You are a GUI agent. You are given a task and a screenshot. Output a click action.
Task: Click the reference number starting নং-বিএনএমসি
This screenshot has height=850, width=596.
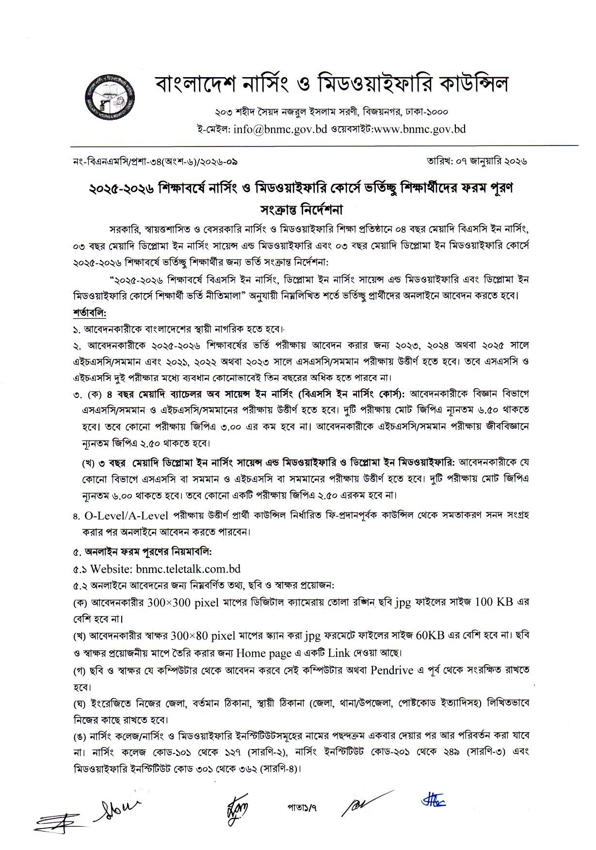pyautogui.click(x=154, y=160)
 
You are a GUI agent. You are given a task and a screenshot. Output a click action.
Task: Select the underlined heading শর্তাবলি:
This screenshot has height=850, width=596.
pyautogui.click(x=89, y=311)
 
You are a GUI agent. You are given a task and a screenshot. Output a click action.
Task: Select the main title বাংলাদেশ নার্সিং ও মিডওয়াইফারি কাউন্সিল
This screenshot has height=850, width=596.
pyautogui.click(x=332, y=83)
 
